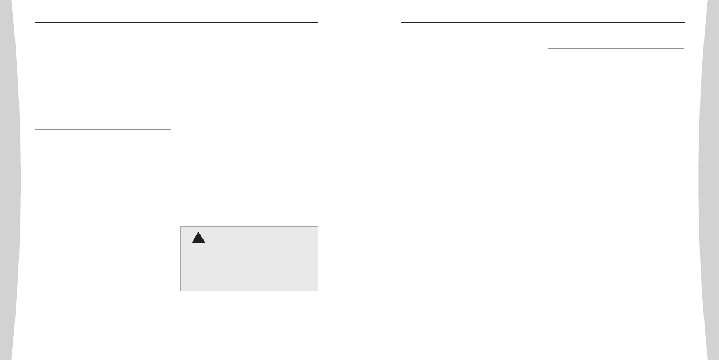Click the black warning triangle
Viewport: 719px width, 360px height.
[198, 238]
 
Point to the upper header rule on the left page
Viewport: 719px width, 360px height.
[176, 16]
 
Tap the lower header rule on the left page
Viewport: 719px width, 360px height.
[176, 22]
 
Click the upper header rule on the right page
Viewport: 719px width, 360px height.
[543, 16]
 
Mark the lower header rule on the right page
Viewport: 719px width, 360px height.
[543, 22]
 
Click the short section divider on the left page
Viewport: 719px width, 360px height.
[103, 130]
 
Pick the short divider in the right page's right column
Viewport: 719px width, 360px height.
[615, 49]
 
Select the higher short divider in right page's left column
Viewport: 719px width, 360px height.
[469, 147]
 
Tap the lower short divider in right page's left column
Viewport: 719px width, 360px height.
[469, 222]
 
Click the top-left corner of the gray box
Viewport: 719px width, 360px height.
[181, 227]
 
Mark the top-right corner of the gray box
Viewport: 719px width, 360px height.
[318, 227]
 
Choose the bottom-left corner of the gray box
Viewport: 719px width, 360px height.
[181, 290]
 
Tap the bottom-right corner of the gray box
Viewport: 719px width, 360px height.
[318, 290]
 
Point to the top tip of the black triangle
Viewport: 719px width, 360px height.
[198, 232]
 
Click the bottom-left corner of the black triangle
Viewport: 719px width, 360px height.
[192, 243]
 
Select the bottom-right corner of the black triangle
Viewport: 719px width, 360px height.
[205, 243]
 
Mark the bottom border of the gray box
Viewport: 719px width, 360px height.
[249, 290]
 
